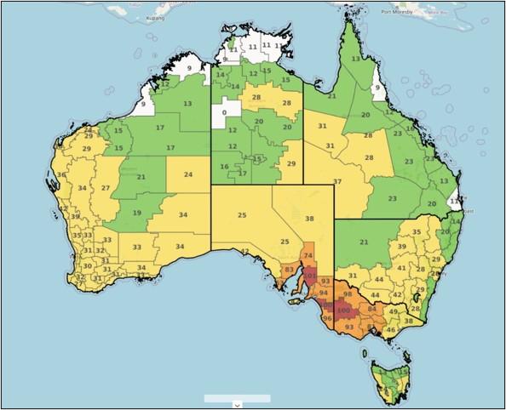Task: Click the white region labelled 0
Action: [x=225, y=112]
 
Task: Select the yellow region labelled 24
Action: [x=187, y=174]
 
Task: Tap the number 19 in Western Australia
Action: [x=136, y=213]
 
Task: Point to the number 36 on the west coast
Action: [x=60, y=175]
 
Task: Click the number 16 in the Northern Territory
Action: [x=225, y=167]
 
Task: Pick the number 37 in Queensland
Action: [x=337, y=182]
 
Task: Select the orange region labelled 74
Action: [x=308, y=255]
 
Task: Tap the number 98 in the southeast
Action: [x=347, y=293]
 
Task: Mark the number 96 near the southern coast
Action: [x=326, y=319]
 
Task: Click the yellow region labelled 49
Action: [x=393, y=312]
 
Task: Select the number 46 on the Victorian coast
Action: [x=390, y=329]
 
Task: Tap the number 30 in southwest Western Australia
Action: [x=87, y=266]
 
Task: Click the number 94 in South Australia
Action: [x=323, y=293]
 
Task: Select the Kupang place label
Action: [x=154, y=16]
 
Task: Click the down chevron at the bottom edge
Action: [x=237, y=405]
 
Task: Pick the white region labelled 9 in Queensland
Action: [x=377, y=86]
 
